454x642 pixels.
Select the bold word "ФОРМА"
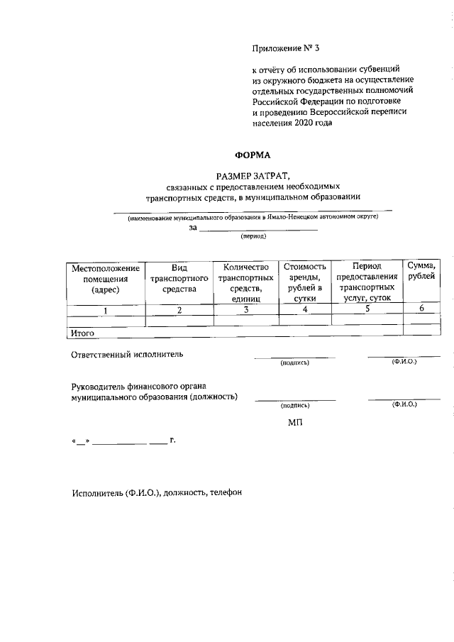[x=253, y=154]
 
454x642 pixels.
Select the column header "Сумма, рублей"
[x=421, y=272]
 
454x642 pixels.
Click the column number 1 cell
[x=106, y=310]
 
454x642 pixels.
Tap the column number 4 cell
[x=305, y=310]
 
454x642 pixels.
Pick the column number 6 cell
[x=421, y=309]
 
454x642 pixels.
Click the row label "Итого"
[x=83, y=332]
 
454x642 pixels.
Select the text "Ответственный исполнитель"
[x=127, y=354]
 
